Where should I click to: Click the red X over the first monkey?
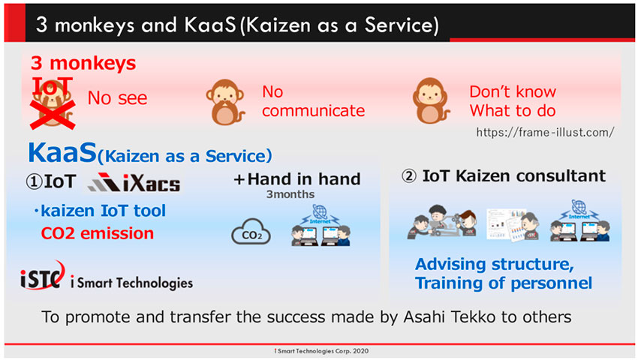53,115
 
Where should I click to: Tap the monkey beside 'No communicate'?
225,102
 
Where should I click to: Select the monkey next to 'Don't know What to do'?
431,100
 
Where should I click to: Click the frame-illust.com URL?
545,132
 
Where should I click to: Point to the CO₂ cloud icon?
251,232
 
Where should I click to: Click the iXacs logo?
134,183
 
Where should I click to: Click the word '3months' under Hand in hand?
290,194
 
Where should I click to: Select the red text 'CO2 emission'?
98,233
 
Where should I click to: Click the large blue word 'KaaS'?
62,152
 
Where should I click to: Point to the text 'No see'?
117,98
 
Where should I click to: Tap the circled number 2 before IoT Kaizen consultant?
409,176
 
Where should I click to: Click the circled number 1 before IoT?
35,181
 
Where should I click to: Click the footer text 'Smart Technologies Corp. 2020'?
323,351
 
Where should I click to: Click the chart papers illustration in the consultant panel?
513,224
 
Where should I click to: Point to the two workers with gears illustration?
442,222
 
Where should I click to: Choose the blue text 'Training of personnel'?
504,283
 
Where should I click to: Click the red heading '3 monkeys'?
83,64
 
